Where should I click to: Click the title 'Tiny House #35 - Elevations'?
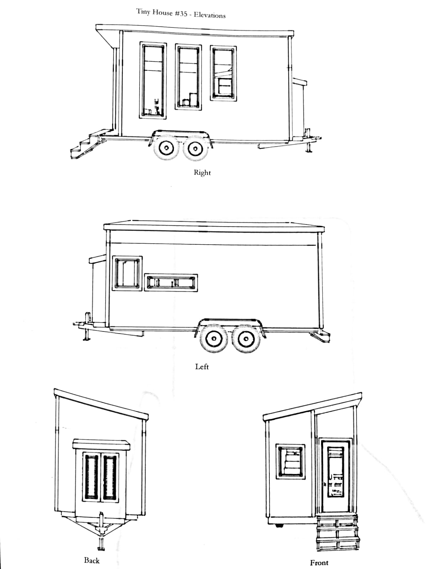click(181, 14)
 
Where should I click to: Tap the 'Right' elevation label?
click(202, 172)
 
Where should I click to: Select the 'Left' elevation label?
click(202, 367)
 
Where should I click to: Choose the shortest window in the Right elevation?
click(223, 73)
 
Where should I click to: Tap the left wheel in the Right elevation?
click(166, 149)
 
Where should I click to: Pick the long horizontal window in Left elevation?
click(171, 282)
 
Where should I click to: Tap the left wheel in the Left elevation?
click(214, 339)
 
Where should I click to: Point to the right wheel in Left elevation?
click(245, 339)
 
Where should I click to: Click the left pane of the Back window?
click(91, 477)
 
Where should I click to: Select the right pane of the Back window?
click(110, 477)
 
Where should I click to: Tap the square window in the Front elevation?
click(291, 461)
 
